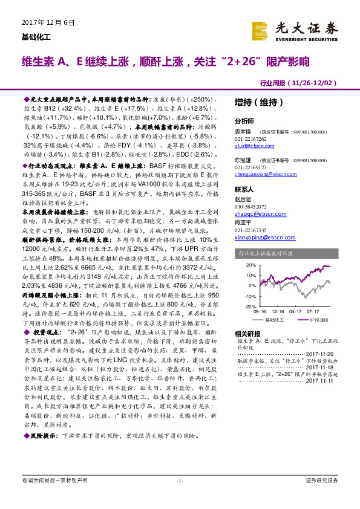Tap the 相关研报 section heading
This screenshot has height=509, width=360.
pyautogui.click(x=247, y=334)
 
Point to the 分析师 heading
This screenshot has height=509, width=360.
pyautogui.click(x=244, y=121)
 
